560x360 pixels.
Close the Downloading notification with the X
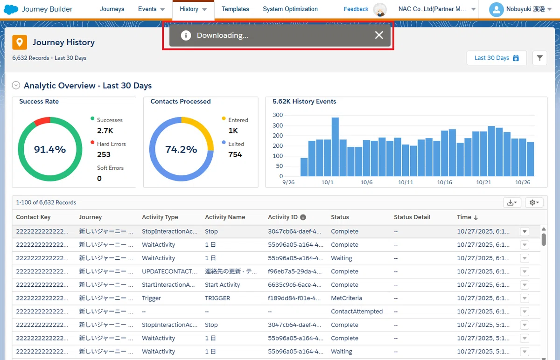click(x=379, y=35)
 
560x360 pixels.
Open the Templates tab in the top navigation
click(x=235, y=9)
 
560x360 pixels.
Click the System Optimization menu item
click(x=290, y=9)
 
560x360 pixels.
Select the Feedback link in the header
click(x=356, y=9)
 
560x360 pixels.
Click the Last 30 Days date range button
click(x=497, y=58)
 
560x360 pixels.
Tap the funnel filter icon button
click(x=540, y=58)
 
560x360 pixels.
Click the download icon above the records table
click(x=512, y=202)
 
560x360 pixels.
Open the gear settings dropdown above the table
click(x=534, y=202)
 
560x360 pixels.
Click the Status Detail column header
click(x=412, y=217)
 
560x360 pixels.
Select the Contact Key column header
click(x=33, y=217)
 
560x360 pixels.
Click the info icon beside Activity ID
click(x=303, y=217)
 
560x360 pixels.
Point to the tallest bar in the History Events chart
click(x=335, y=146)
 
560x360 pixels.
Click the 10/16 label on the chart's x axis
click(x=444, y=182)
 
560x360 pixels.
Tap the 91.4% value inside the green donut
click(x=50, y=149)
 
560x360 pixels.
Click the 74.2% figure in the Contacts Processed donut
click(x=181, y=149)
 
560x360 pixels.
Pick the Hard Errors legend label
click(x=111, y=144)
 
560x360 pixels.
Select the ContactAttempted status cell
click(x=357, y=312)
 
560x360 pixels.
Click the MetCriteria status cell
click(x=346, y=298)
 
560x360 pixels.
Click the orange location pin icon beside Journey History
click(x=20, y=42)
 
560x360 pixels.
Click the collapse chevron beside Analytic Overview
click(x=16, y=85)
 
